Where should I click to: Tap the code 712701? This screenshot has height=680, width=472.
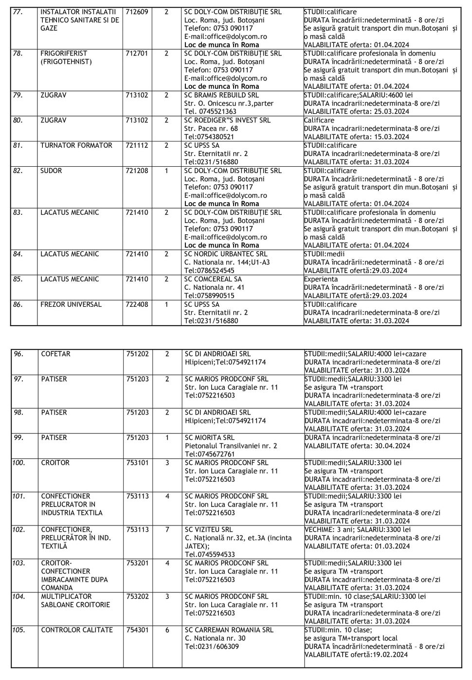pos(138,53)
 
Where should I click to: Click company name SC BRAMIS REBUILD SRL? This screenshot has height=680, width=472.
pos(221,95)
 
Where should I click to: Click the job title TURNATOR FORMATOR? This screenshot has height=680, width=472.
pos(76,145)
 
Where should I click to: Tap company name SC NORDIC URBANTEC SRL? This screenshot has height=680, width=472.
pos(226,254)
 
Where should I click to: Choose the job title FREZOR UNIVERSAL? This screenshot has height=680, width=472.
pos(71,305)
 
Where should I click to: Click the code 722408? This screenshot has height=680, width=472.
pos(138,305)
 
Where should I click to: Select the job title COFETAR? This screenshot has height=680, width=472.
pos(56,354)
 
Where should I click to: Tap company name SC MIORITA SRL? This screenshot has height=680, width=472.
pos(210,438)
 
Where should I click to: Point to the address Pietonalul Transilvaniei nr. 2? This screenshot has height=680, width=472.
pos(231,446)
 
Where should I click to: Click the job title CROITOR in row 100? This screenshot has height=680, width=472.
pos(55,463)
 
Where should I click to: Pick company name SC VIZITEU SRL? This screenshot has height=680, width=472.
pos(209,530)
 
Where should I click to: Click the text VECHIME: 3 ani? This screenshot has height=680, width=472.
pos(329,530)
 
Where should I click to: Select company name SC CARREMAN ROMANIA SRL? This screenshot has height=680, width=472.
pos(229,630)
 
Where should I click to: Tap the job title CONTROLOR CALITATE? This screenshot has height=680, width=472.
pos(77,630)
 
